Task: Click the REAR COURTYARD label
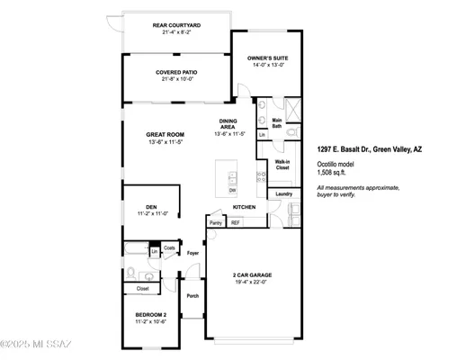(177, 24)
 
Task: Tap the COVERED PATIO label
(177, 72)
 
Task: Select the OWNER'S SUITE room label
(266, 58)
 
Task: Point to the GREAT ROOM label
(165, 135)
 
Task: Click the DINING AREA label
(229, 124)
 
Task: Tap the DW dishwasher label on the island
(232, 190)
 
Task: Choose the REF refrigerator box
(236, 222)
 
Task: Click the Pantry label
(216, 222)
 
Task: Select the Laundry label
(283, 193)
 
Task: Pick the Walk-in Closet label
(282, 165)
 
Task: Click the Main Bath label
(277, 123)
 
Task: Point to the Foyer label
(193, 253)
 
